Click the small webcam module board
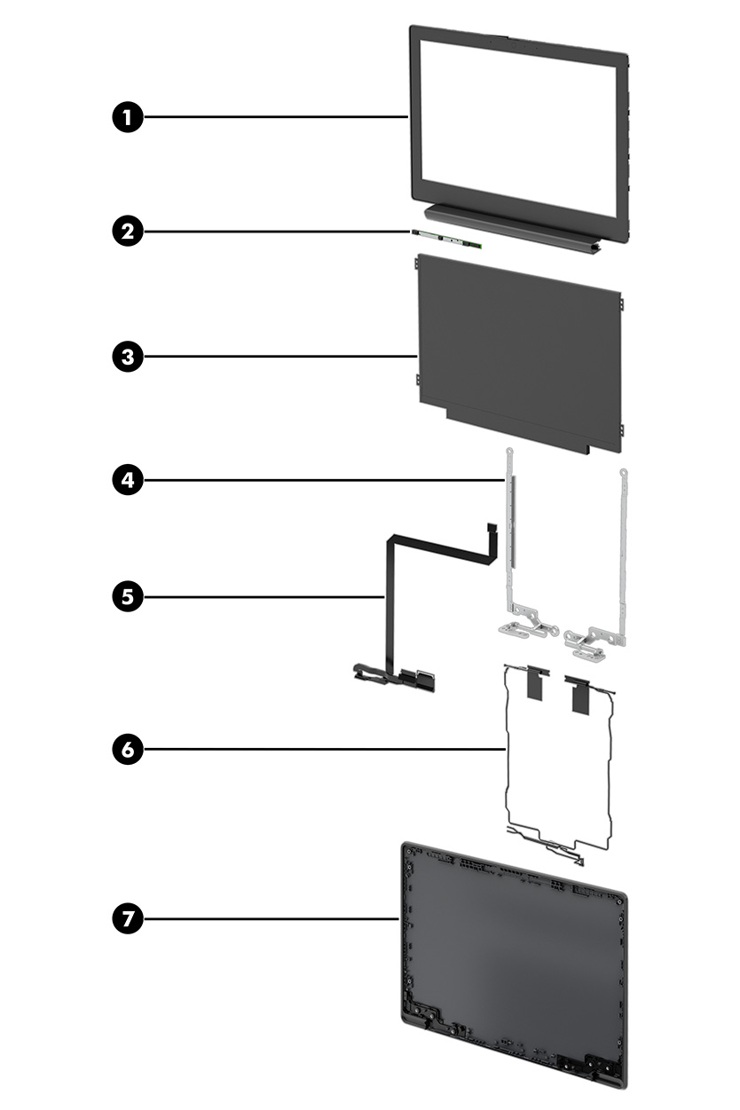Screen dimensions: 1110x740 click(x=446, y=238)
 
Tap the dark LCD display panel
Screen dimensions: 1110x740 click(x=518, y=350)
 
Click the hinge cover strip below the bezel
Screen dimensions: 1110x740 click(x=509, y=227)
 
